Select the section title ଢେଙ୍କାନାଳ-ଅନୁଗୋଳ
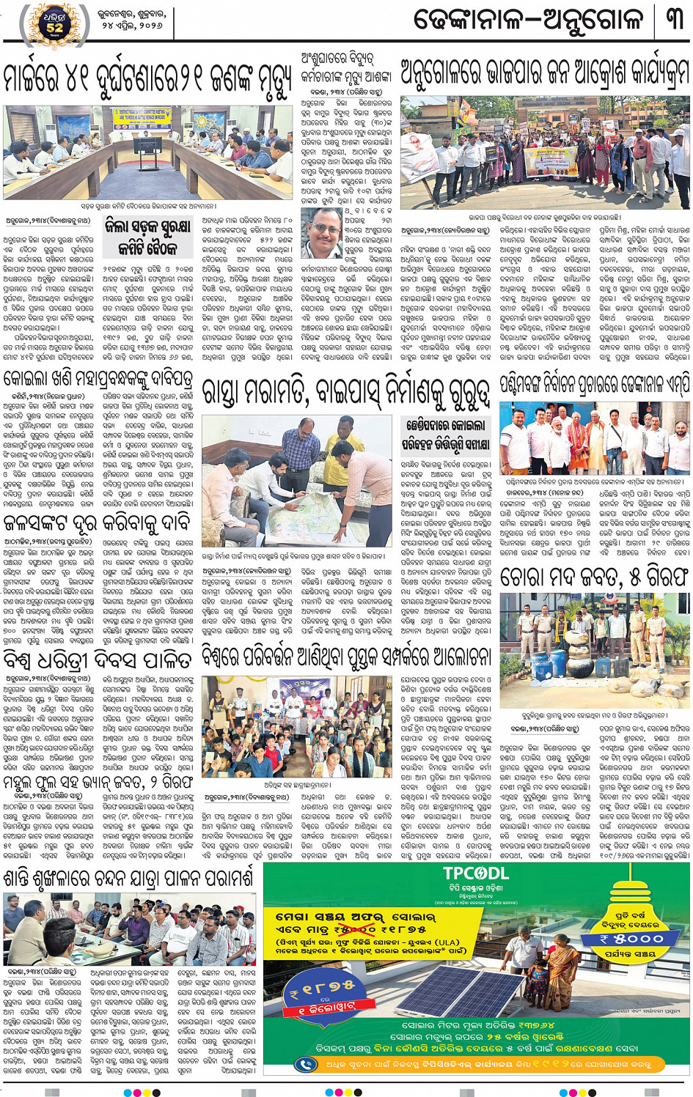pos(529,20)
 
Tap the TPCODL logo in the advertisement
pos(475,873)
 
